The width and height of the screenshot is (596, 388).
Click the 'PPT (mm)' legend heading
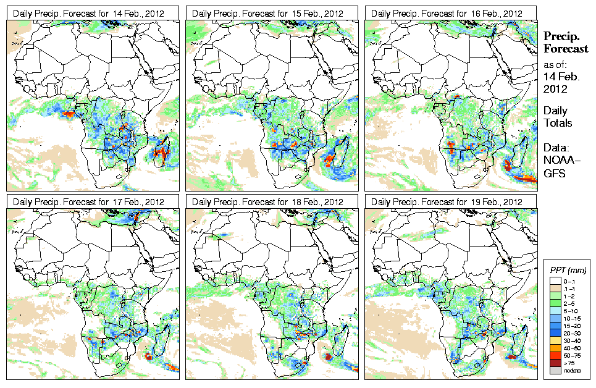(568, 271)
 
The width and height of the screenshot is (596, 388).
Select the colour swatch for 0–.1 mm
(555, 280)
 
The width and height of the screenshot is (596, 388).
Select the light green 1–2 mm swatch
(555, 297)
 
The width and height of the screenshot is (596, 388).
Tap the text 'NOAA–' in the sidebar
(559, 161)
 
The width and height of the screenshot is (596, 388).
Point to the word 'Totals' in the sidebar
(558, 123)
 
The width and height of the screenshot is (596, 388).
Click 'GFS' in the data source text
(554, 174)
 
